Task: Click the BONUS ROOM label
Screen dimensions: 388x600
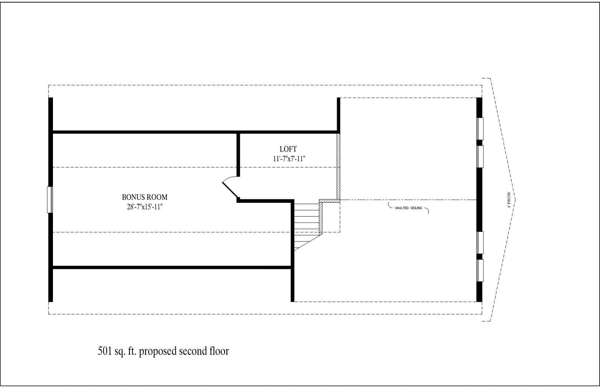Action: pos(144,197)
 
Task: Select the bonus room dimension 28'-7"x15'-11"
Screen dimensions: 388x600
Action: pos(143,207)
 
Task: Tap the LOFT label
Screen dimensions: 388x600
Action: pos(288,149)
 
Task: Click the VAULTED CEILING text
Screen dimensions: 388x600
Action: pos(408,208)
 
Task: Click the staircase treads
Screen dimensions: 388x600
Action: pos(306,219)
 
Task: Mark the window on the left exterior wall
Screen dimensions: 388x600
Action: pos(49,200)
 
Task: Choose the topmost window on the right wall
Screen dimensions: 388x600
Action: pos(480,129)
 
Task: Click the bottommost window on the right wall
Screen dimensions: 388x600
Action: pos(480,270)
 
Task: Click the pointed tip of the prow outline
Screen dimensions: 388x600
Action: pos(515,200)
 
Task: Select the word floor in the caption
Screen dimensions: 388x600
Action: pos(218,351)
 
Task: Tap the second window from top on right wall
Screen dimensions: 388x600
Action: pos(480,157)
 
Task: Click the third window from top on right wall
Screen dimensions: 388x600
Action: pos(480,242)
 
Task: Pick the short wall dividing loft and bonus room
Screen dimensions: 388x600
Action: pos(238,154)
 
